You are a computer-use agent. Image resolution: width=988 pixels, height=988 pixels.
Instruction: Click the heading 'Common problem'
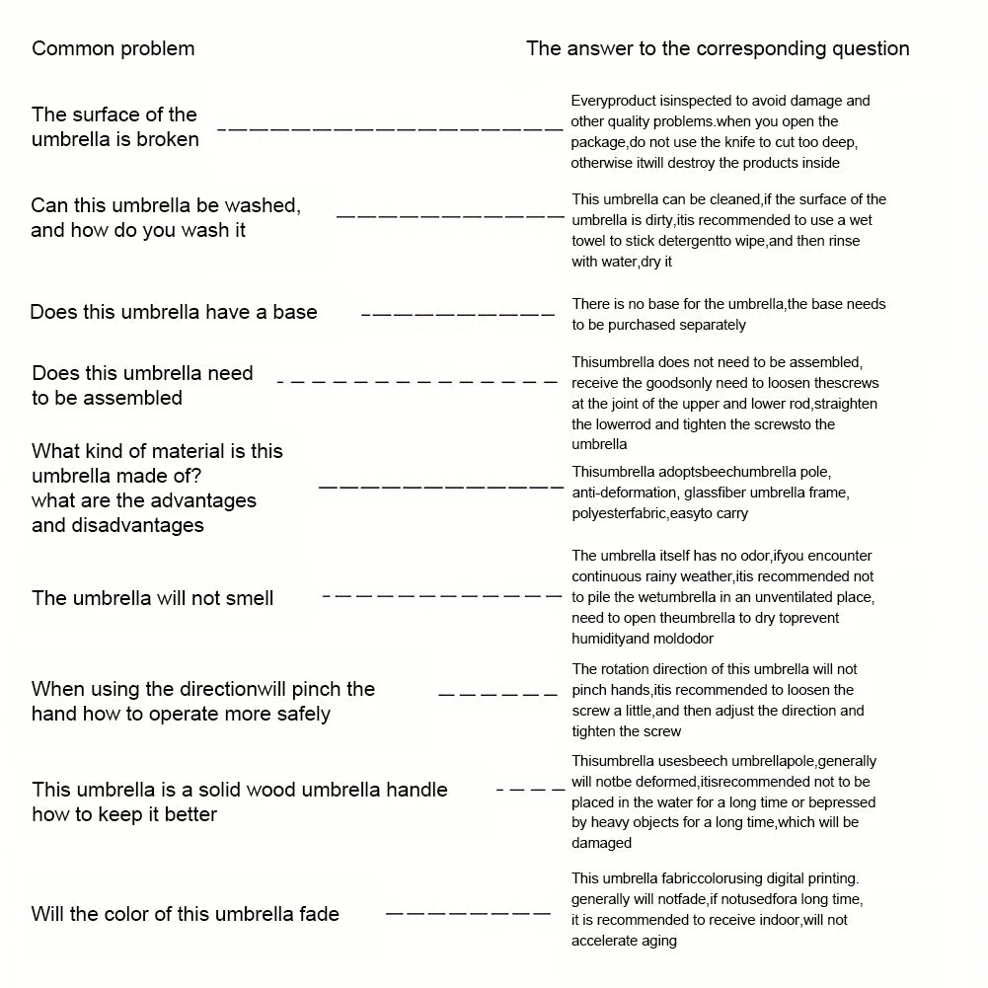(114, 48)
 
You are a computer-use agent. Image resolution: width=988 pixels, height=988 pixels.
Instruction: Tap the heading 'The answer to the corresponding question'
(718, 48)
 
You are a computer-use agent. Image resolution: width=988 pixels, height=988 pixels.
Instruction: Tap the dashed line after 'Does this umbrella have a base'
(458, 314)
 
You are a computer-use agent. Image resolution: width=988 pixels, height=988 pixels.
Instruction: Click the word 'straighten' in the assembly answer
(844, 404)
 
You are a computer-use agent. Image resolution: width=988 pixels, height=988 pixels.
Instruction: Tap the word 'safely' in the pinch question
(301, 714)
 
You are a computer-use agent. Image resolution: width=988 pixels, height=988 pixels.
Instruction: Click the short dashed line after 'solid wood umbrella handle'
(524, 790)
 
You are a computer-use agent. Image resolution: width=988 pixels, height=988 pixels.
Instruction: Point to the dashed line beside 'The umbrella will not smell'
(441, 596)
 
